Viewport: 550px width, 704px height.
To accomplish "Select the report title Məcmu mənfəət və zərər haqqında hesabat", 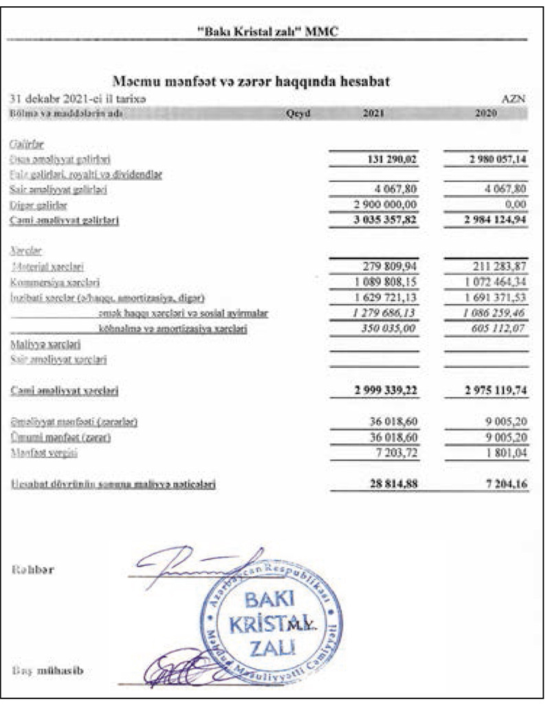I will click(x=251, y=82).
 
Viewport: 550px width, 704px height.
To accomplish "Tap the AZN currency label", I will click(x=514, y=99).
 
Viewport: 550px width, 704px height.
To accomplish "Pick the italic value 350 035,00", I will click(x=385, y=329).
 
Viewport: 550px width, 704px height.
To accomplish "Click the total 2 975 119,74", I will click(x=490, y=390).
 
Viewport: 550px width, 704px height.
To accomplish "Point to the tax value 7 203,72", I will click(x=391, y=453).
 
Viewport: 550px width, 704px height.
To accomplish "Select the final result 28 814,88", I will click(x=386, y=484).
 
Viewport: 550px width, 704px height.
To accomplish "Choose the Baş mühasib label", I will click(x=41, y=671).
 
